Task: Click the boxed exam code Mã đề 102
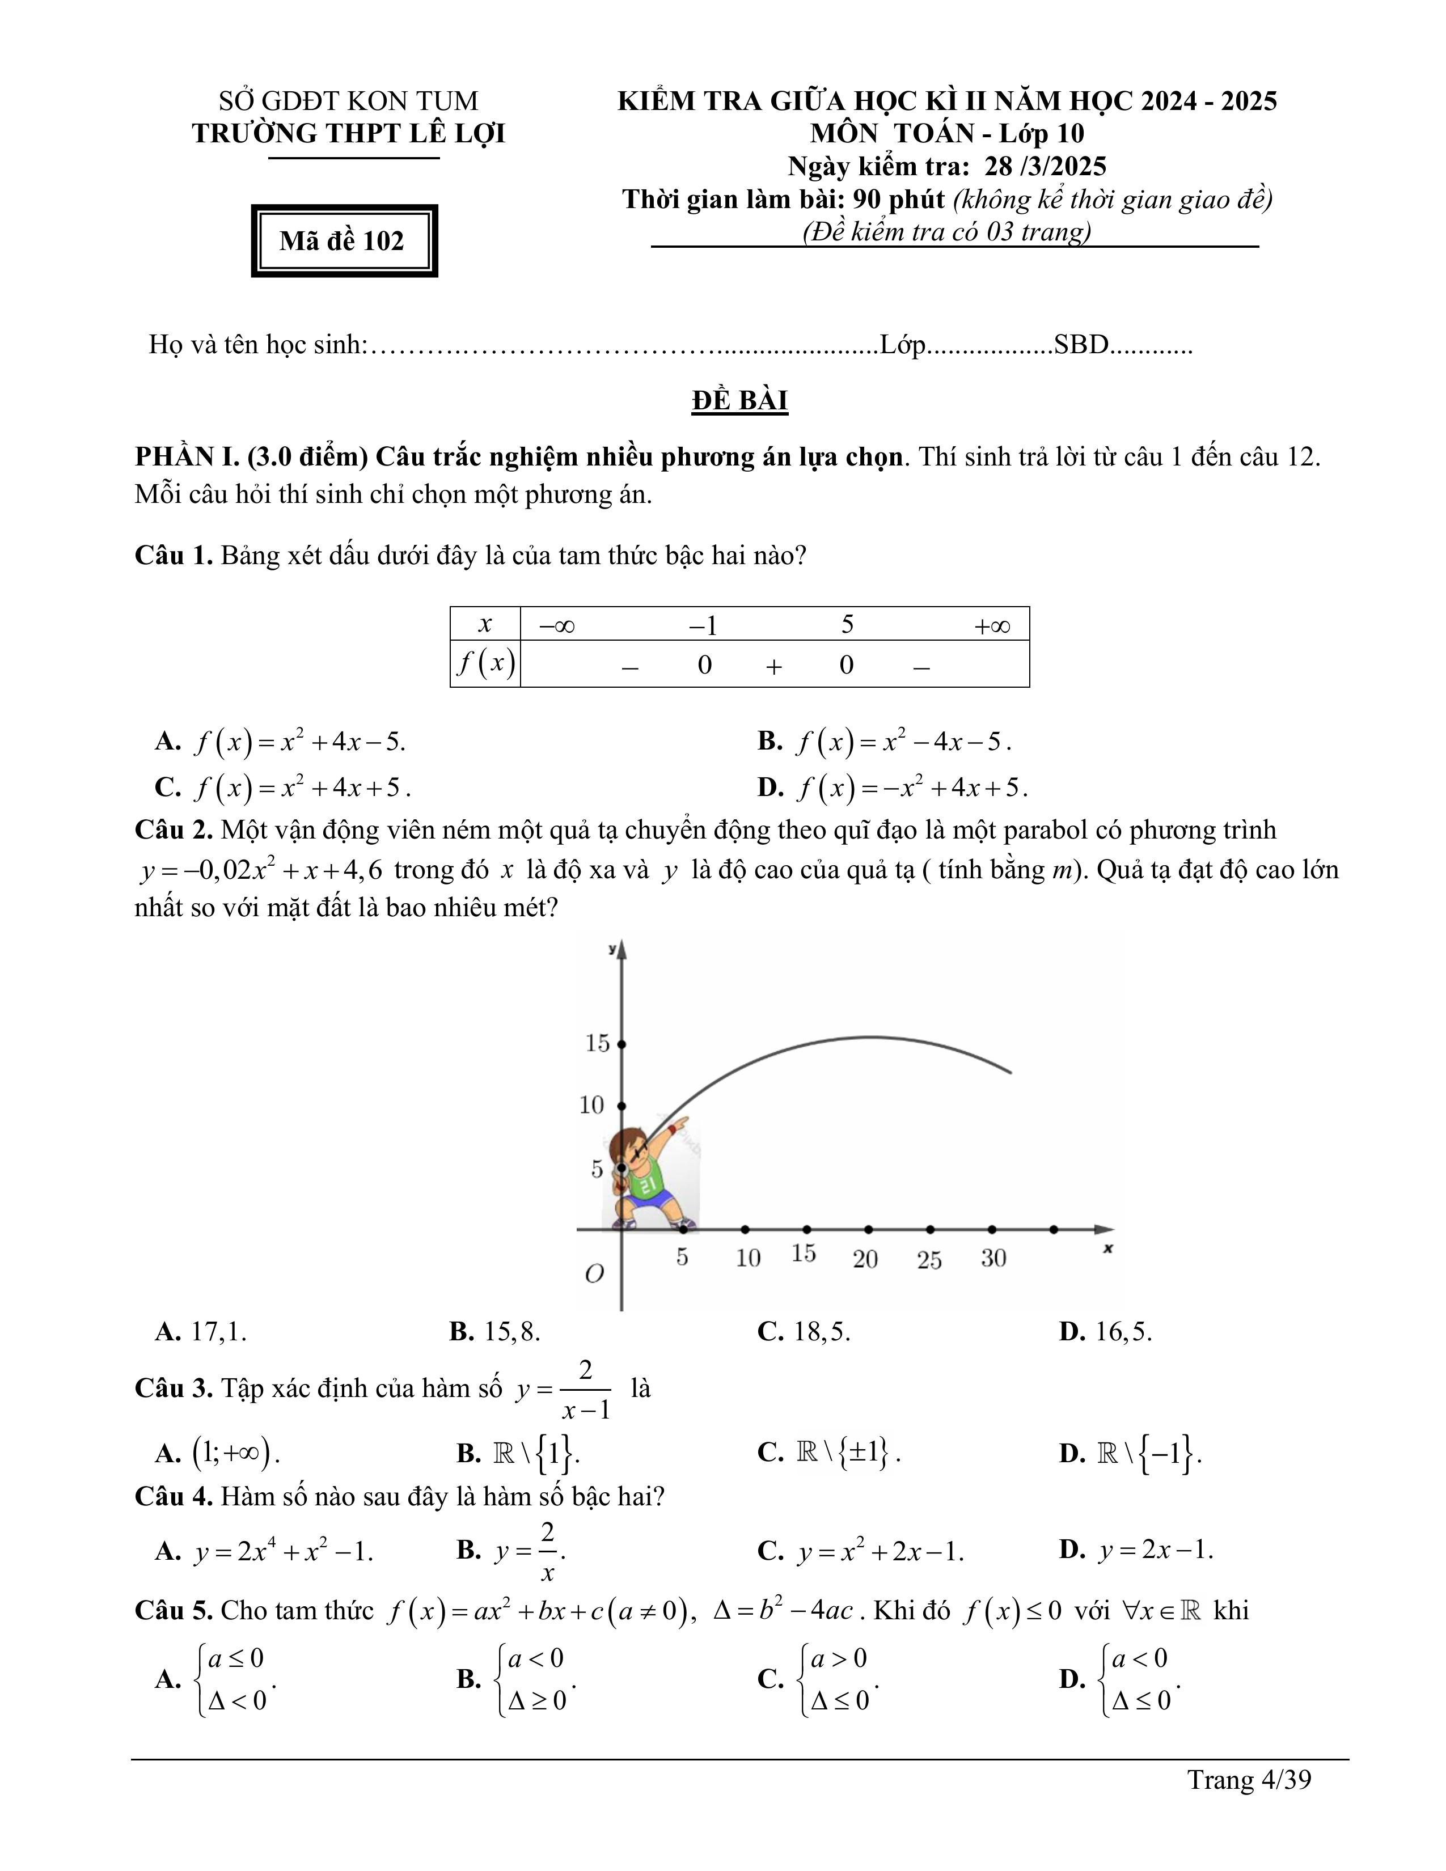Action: (343, 241)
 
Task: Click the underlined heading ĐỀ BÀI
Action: (739, 401)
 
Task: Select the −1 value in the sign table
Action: (703, 625)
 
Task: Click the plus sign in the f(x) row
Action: (773, 666)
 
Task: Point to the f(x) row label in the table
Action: (486, 663)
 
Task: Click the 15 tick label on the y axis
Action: (597, 1043)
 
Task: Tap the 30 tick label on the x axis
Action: (993, 1259)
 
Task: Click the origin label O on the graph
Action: (594, 1274)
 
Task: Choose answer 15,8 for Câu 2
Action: (495, 1331)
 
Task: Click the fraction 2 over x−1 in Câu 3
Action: (585, 1389)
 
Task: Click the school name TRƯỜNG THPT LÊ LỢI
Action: (349, 134)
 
